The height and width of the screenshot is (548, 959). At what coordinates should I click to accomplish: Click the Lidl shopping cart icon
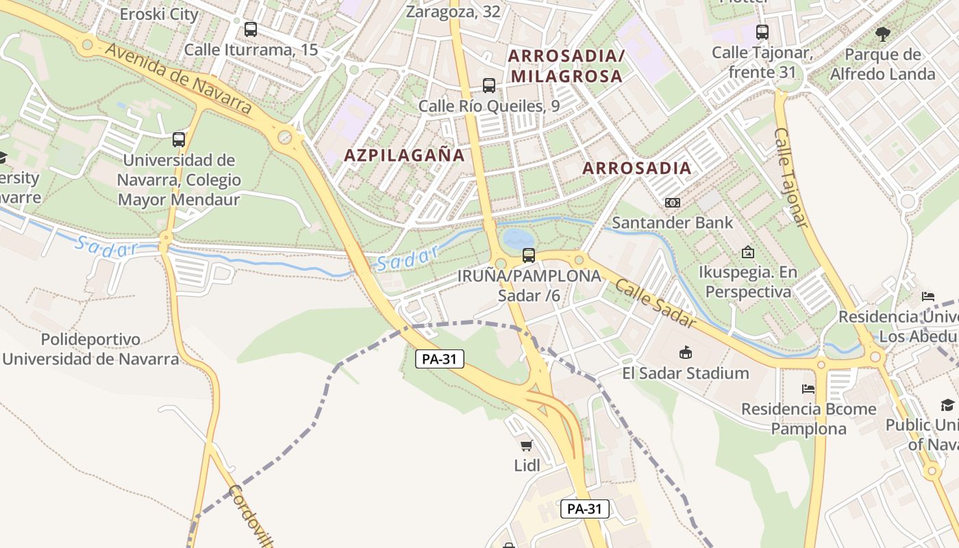pyautogui.click(x=526, y=446)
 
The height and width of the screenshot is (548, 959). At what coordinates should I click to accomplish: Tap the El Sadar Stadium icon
pyautogui.click(x=685, y=353)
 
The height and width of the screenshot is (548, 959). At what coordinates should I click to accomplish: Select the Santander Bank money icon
pyautogui.click(x=673, y=203)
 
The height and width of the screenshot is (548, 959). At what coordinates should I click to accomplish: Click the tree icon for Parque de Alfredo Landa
pyautogui.click(x=883, y=34)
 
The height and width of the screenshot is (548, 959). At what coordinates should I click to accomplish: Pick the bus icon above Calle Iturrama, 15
pyautogui.click(x=251, y=29)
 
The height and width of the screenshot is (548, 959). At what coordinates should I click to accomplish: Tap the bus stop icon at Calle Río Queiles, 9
pyautogui.click(x=489, y=86)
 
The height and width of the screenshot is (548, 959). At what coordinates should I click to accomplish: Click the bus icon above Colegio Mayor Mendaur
pyautogui.click(x=179, y=140)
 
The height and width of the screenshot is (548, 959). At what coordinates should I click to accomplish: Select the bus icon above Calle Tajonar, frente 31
pyautogui.click(x=762, y=32)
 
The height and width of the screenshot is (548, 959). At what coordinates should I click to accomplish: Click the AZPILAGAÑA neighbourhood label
pyautogui.click(x=404, y=155)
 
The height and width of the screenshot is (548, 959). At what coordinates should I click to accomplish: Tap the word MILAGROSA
pyautogui.click(x=566, y=76)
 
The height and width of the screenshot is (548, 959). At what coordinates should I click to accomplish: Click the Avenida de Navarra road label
pyautogui.click(x=179, y=76)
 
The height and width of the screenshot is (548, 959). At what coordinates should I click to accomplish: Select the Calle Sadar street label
pyautogui.click(x=655, y=303)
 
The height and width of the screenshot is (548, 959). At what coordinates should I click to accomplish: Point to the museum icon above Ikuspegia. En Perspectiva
pyautogui.click(x=747, y=252)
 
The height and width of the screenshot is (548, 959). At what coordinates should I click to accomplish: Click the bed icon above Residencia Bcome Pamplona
pyautogui.click(x=808, y=389)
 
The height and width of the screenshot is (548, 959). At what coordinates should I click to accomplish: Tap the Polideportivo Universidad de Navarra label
pyautogui.click(x=91, y=349)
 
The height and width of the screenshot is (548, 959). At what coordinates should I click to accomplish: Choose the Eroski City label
pyautogui.click(x=159, y=14)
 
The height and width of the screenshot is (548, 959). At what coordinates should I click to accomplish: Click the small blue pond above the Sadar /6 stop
pyautogui.click(x=514, y=239)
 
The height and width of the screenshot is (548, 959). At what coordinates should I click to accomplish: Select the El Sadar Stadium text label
pyautogui.click(x=685, y=373)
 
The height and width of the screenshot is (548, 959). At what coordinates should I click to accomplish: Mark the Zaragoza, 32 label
pyautogui.click(x=453, y=11)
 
